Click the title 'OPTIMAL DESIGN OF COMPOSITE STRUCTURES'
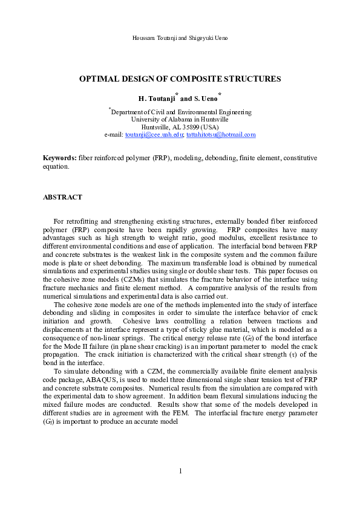point(180,79)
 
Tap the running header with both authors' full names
point(180,38)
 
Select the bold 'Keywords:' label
point(59,157)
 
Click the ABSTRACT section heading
point(62,198)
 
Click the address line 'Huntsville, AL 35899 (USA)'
point(180,127)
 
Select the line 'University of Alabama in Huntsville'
point(180,120)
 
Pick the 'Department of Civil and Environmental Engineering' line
point(181,112)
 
